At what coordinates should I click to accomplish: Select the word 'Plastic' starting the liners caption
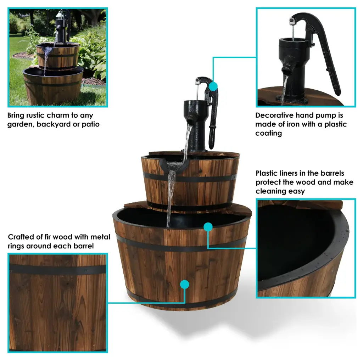(x=266, y=173)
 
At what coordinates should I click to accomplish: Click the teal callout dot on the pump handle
(x=213, y=86)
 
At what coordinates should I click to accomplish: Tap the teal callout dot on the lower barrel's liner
(x=208, y=227)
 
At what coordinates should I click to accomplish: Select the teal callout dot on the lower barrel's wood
(x=184, y=284)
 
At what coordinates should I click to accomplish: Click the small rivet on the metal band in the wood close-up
(x=86, y=270)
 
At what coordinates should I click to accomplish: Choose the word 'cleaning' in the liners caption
(x=269, y=191)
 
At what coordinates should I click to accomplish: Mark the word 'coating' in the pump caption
(x=269, y=133)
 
